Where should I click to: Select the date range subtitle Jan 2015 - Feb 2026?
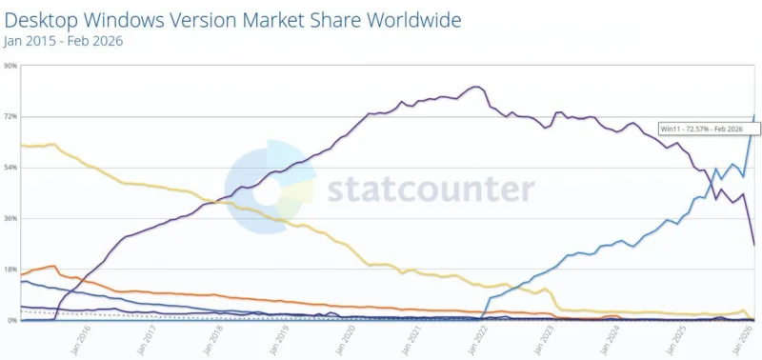pyautogui.click(x=63, y=41)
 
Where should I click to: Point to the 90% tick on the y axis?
pyautogui.click(x=10, y=66)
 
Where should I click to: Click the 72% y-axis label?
pyautogui.click(x=10, y=116)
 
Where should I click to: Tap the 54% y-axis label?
pyautogui.click(x=10, y=168)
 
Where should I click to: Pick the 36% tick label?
pyautogui.click(x=10, y=219)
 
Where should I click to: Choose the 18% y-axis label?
pyautogui.click(x=10, y=270)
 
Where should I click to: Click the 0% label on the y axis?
pyautogui.click(x=12, y=321)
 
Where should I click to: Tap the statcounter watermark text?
pyautogui.click(x=431, y=189)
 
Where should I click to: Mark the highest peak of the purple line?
pyautogui.click(x=475, y=87)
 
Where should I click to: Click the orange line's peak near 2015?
pyautogui.click(x=52, y=266)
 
